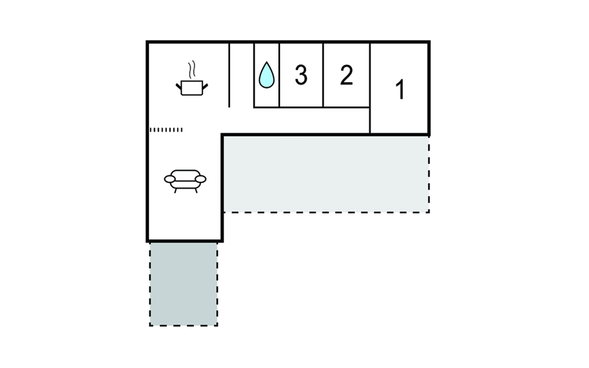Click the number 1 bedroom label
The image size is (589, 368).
pyautogui.click(x=400, y=89)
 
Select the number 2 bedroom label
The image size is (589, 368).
pyautogui.click(x=347, y=75)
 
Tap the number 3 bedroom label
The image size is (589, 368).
pyautogui.click(x=301, y=75)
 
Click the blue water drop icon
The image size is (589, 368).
pyautogui.click(x=267, y=75)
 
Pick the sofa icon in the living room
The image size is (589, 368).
pyautogui.click(x=185, y=181)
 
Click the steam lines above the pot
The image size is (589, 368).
pyautogui.click(x=192, y=69)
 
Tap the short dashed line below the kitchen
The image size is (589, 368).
pyautogui.click(x=166, y=130)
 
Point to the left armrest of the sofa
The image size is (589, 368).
pyautogui.click(x=170, y=179)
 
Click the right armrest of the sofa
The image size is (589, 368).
pyautogui.click(x=201, y=179)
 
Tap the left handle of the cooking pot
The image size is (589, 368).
pyautogui.click(x=178, y=86)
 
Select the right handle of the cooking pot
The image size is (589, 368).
pyautogui.click(x=205, y=86)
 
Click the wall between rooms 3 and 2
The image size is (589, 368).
pyautogui.click(x=323, y=75)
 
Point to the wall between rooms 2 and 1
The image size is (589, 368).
pyautogui.click(x=370, y=88)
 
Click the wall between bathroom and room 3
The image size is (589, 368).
pyautogui.click(x=279, y=75)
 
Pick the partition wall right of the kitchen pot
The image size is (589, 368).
pyautogui.click(x=229, y=75)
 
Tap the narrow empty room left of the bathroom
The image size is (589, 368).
pyautogui.click(x=242, y=75)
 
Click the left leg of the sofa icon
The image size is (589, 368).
pyautogui.click(x=175, y=191)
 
